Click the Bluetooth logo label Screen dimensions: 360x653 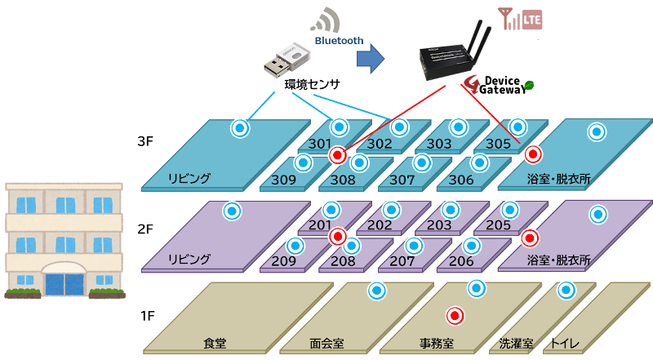[338, 39]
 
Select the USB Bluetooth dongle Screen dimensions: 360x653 [287, 62]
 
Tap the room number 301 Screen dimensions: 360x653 [320, 144]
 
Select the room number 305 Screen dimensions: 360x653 [498, 144]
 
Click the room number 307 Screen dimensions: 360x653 [402, 179]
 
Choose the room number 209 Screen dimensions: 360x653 [283, 261]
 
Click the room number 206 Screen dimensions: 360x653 [461, 261]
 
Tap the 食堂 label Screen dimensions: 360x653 [215, 344]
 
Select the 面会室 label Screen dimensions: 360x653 [326, 344]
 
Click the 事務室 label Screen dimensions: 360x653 [437, 344]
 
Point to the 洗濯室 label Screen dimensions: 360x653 [517, 344]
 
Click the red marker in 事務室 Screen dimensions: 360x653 [455, 315]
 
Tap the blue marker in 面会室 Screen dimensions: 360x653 [376, 290]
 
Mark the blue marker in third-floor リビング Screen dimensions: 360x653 [239, 127]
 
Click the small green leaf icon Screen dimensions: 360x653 [529, 84]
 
